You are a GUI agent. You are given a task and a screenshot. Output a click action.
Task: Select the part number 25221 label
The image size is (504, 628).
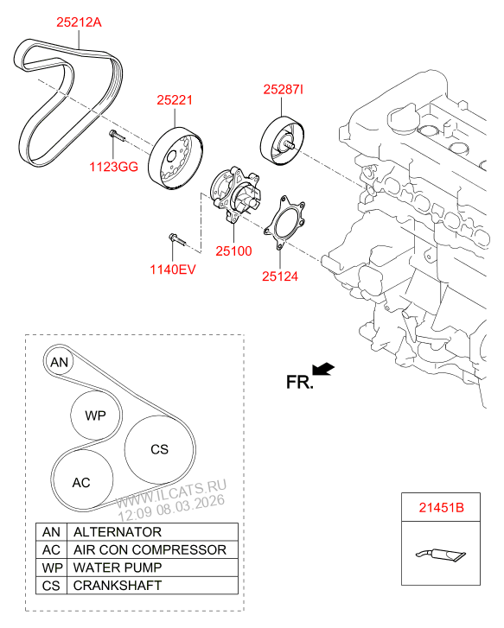175,101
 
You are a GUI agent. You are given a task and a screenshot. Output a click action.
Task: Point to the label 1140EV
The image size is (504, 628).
172,270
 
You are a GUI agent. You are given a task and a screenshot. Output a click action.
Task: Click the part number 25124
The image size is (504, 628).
279,277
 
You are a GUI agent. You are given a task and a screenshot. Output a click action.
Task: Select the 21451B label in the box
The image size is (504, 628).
442,509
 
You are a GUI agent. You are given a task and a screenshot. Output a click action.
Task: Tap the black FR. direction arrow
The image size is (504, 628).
323,371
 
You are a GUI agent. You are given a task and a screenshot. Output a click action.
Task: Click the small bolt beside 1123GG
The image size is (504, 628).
115,135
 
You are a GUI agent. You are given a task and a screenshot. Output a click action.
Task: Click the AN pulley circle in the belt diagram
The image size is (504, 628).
59,362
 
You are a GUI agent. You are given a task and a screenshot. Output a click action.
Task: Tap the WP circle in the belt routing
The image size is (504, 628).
95,415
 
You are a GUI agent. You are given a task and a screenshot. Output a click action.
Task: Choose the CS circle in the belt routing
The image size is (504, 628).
159,449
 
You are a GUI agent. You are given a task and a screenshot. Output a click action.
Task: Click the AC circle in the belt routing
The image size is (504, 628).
81,482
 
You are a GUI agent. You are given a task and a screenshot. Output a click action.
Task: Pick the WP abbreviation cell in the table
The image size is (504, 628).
51,568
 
